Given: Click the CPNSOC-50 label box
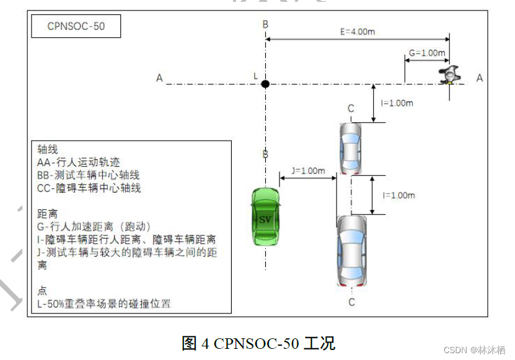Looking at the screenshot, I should tap(76, 27).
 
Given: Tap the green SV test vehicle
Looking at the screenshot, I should tap(265, 217).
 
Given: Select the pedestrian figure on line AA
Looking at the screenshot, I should tap(448, 75).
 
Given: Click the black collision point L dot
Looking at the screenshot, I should tap(265, 84).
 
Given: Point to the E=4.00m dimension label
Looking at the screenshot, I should tap(358, 32).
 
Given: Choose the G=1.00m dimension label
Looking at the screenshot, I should tap(427, 53).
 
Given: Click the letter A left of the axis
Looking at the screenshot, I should tap(159, 78).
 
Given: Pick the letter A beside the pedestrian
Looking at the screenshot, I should tap(479, 77).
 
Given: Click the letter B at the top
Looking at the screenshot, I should tap(265, 24).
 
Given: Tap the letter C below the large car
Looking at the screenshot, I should tap(351, 302).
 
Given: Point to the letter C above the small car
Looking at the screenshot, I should tap(351, 109).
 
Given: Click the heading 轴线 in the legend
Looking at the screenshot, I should tap(48, 150).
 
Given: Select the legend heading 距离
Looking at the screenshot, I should tap(48, 214).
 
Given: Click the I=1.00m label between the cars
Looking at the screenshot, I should tap(398, 195).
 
